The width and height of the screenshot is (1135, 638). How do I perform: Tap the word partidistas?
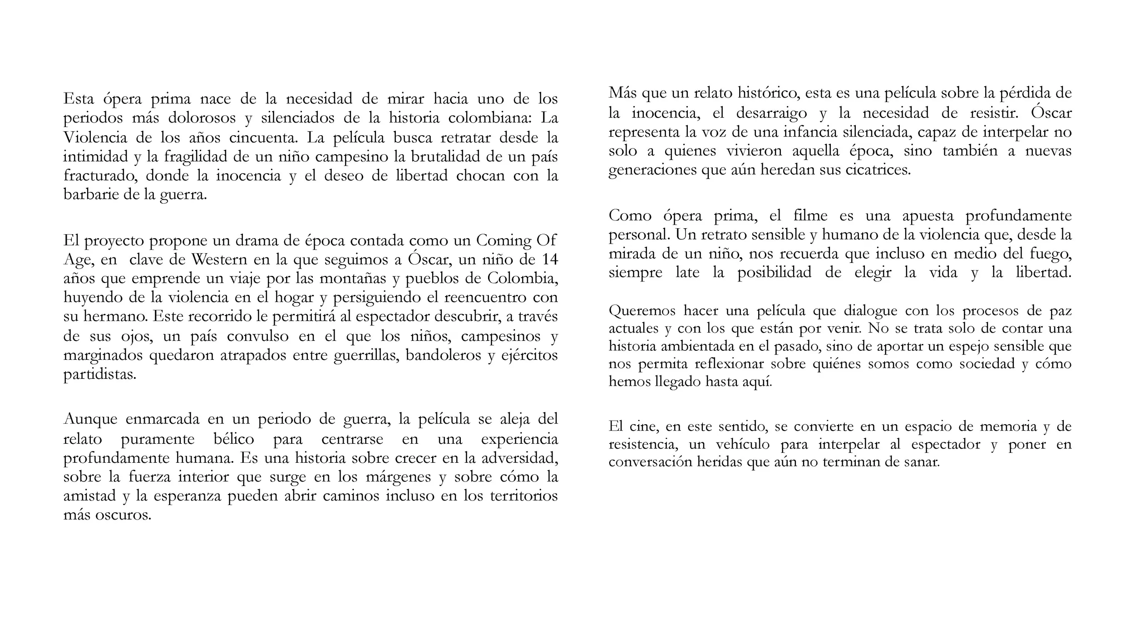[99, 375]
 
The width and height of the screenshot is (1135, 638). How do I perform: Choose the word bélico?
[233, 439]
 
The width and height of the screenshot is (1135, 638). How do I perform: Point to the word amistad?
[89, 496]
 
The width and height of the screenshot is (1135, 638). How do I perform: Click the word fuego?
[1049, 254]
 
